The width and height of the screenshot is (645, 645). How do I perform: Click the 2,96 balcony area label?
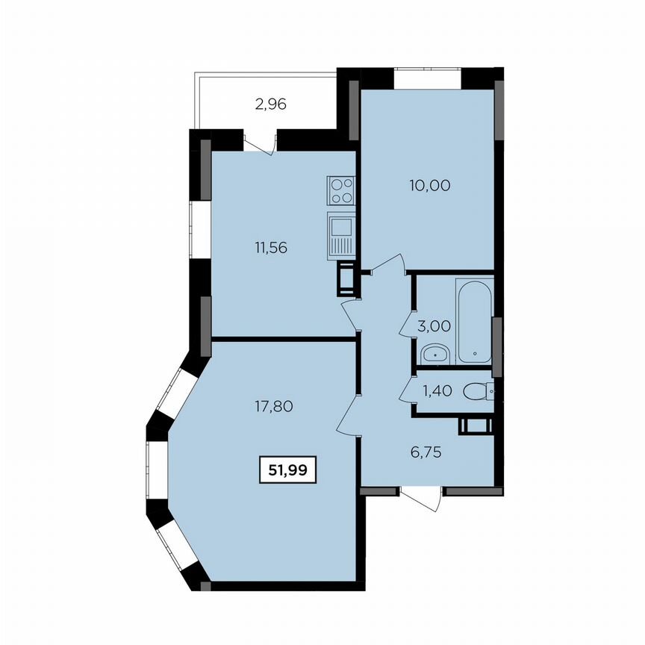pyautogui.click(x=270, y=105)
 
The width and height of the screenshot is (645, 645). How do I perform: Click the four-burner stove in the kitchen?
pyautogui.click(x=340, y=190)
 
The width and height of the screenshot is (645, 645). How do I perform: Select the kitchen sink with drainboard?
pyautogui.click(x=340, y=234)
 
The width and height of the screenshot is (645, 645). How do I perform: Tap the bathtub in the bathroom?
pyautogui.click(x=475, y=321)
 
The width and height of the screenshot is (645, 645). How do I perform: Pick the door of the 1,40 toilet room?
pyautogui.click(x=407, y=387)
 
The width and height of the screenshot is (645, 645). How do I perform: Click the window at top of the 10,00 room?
pyautogui.click(x=428, y=78)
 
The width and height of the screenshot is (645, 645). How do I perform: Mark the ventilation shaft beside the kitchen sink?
pyautogui.click(x=347, y=278)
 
